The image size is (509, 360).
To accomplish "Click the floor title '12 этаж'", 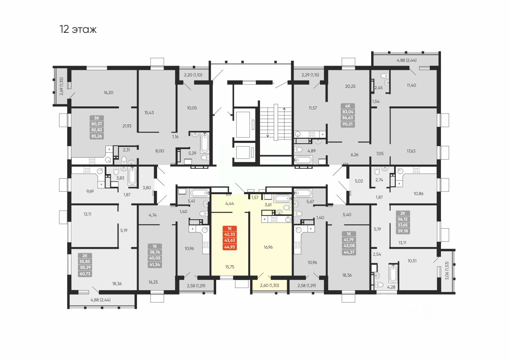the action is pos(78,30).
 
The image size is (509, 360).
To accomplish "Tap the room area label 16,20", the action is pos(108,93).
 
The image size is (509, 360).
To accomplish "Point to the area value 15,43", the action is pos(150,112).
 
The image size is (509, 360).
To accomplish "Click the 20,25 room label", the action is pos(350,86).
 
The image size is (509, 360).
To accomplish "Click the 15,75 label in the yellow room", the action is pos(229,266).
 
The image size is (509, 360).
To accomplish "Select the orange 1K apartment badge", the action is pos(230,238).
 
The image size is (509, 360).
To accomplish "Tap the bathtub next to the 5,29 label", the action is pos(204,144).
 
